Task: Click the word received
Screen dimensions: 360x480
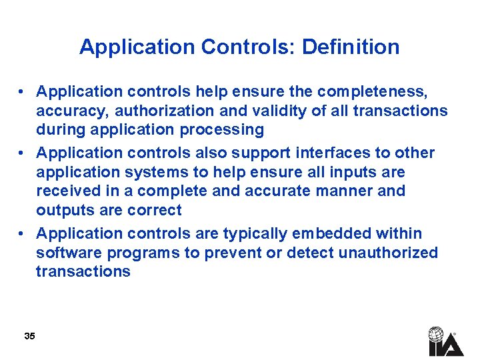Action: click(x=67, y=191)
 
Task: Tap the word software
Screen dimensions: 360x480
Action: click(x=66, y=253)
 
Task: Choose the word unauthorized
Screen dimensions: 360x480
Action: click(x=389, y=253)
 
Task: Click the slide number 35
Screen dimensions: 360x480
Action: click(x=29, y=336)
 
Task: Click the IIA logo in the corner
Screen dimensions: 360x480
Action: click(x=445, y=341)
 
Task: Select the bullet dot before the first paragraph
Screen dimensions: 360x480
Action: click(x=23, y=92)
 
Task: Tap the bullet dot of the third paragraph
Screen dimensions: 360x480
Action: click(x=23, y=234)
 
